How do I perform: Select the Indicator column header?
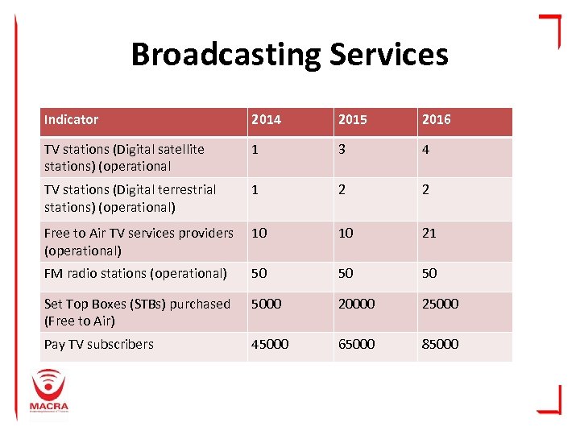click(72, 119)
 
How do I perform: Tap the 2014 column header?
click(267, 119)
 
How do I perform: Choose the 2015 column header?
click(353, 119)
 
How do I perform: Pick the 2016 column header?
click(436, 119)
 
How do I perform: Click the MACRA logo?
click(49, 391)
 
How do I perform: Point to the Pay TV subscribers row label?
click(98, 344)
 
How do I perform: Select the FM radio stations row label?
click(135, 273)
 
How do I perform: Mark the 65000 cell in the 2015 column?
click(357, 344)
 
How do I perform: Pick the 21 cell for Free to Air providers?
click(429, 233)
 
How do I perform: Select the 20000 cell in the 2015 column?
click(357, 304)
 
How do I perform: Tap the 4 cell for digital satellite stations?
click(425, 149)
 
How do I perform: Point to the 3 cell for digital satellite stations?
click(342, 149)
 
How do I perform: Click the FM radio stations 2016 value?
click(429, 273)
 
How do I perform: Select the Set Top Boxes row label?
click(137, 312)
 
